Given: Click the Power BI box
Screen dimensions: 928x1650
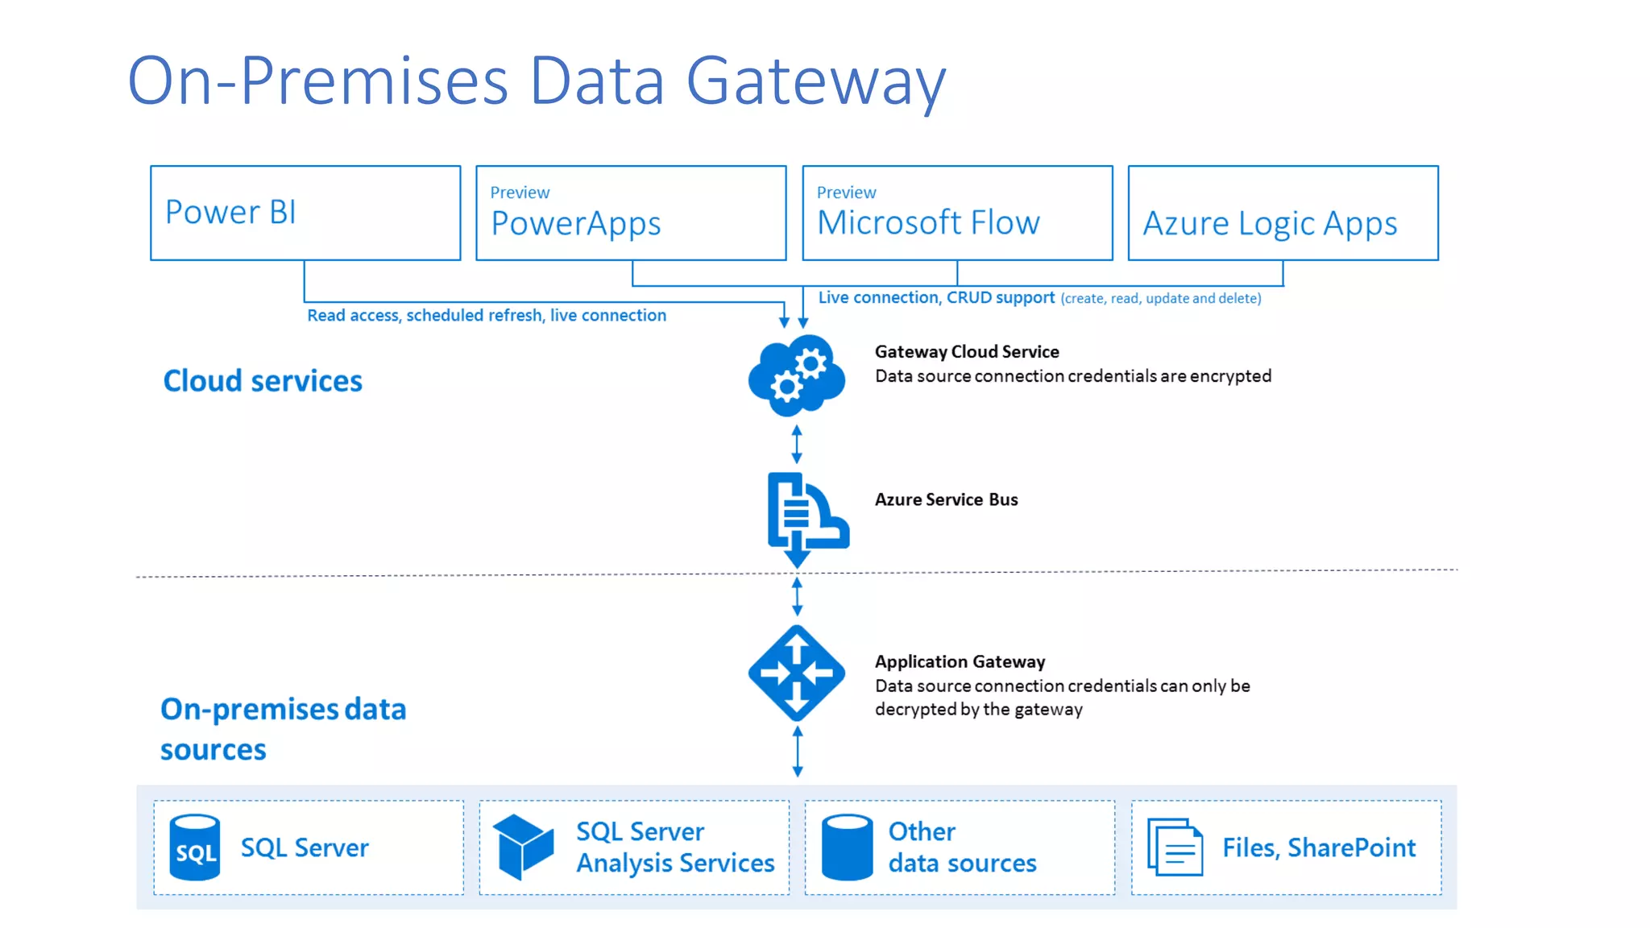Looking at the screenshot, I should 305,213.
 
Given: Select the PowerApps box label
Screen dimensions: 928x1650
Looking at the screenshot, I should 576,224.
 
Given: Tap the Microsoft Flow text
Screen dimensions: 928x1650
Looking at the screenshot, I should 928,222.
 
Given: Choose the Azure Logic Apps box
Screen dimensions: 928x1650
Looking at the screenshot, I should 1283,213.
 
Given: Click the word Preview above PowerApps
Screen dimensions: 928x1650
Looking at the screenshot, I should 520,193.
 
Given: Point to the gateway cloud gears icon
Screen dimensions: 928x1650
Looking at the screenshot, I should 796,375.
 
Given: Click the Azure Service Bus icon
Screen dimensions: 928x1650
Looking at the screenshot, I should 806,516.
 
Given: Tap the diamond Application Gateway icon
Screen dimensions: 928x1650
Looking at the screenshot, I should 796,673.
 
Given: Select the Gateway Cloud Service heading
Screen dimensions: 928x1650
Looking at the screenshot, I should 967,352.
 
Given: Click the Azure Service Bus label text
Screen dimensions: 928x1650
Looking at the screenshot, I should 946,499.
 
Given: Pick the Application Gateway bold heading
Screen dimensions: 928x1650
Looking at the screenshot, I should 960,661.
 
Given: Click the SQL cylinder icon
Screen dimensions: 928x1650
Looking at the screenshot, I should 195,847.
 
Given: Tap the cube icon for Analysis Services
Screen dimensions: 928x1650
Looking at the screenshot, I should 523,846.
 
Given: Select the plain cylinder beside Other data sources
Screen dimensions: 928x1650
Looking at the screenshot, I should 847,847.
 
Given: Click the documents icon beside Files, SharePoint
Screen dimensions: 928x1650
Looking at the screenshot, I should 1175,847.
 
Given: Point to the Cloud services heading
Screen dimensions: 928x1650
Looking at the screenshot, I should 263,381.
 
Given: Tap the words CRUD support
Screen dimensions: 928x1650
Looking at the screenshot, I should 1000,297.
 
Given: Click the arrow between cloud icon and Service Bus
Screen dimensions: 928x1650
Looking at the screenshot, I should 797,444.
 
